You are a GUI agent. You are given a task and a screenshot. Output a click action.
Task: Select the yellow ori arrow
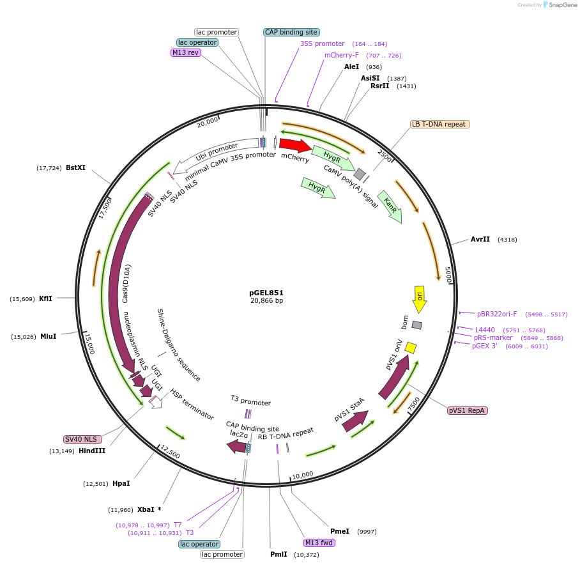coord(420,298)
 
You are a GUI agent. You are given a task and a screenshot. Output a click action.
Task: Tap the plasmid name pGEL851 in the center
coord(266,293)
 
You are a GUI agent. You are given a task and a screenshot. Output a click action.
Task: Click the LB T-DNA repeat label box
coord(439,124)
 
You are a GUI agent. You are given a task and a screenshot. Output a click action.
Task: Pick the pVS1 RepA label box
coord(468,410)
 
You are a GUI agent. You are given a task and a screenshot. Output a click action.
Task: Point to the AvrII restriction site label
coord(480,239)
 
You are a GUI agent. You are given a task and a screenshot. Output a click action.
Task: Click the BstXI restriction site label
coord(75,167)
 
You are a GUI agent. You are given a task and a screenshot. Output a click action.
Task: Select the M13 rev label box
coord(186,52)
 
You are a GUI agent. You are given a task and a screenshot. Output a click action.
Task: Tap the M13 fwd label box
coord(319,543)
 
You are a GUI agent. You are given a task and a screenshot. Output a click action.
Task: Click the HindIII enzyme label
coord(92,451)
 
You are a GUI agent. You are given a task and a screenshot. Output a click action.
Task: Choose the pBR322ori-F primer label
coord(497,314)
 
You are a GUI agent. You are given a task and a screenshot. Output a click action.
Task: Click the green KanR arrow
coord(390,206)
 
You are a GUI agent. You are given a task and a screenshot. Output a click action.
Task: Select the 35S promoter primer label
coord(323,43)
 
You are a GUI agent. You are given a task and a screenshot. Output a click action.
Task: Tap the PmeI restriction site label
coord(340,531)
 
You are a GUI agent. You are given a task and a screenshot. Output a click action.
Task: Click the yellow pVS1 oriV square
coord(411,348)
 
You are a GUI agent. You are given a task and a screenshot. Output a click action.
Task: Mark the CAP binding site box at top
coord(291,32)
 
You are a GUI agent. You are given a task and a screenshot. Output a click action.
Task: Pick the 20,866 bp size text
coord(266,300)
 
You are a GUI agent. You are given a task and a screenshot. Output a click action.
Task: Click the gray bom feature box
coord(417,325)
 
